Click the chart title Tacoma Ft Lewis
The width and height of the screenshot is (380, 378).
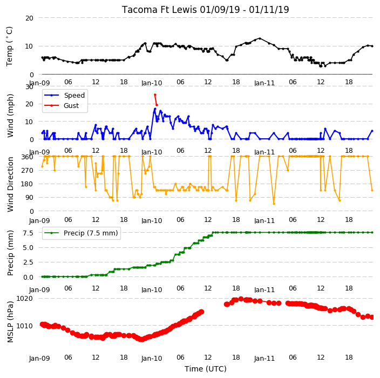pyautogui.click(x=159, y=10)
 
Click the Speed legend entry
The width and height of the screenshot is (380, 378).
pyautogui.click(x=64, y=95)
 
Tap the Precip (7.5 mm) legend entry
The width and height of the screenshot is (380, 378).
pyautogui.click(x=81, y=233)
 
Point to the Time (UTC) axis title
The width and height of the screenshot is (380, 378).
pyautogui.click(x=206, y=369)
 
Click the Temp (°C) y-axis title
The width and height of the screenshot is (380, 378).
pyautogui.click(x=10, y=46)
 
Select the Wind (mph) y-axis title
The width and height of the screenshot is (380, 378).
pyautogui.click(x=10, y=116)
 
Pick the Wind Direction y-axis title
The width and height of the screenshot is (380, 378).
pyautogui.click(x=10, y=184)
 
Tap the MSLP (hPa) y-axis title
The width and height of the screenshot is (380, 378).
pyautogui.click(x=10, y=322)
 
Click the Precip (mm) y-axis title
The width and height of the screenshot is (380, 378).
pyautogui.click(x=10, y=253)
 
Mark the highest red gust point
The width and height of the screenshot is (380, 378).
pyautogui.click(x=155, y=95)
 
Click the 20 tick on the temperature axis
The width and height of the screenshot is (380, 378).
pyautogui.click(x=29, y=18)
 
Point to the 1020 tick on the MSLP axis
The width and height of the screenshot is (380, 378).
pyautogui.click(x=24, y=299)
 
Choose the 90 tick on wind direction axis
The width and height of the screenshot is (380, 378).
pyautogui.click(x=29, y=198)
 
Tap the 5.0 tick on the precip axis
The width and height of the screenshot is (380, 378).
pyautogui.click(x=28, y=248)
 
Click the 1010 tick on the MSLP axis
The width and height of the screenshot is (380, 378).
pyautogui.click(x=24, y=326)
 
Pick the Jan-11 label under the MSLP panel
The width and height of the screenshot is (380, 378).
pyautogui.click(x=264, y=359)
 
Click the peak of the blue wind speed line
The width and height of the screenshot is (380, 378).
pyautogui.click(x=155, y=109)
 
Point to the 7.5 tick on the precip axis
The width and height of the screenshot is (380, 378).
pyautogui.click(x=28, y=233)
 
